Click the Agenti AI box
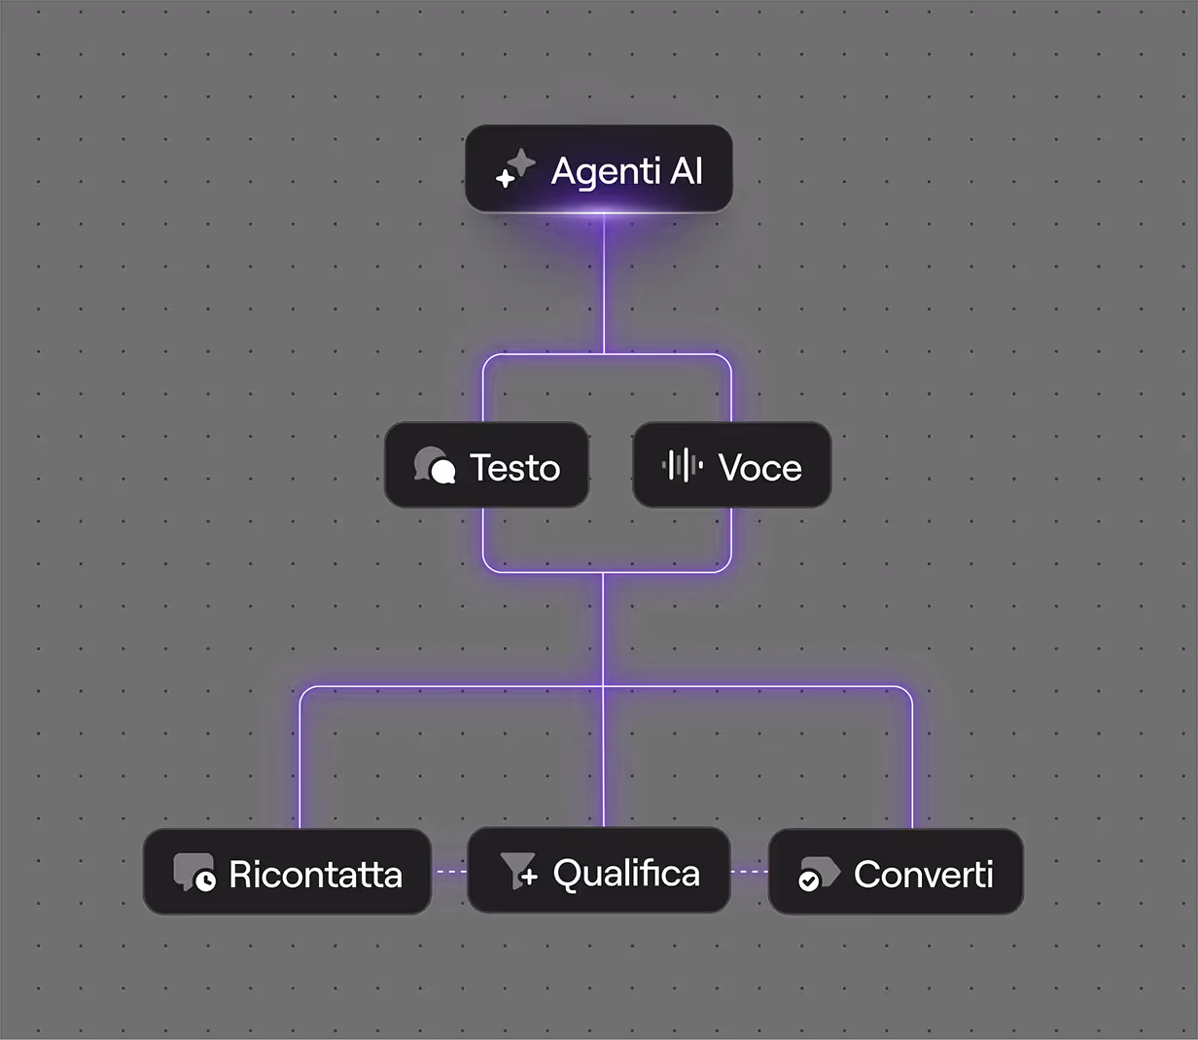point(598,169)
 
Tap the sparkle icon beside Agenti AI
point(515,168)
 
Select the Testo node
point(486,466)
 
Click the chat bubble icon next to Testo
point(434,466)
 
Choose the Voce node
point(731,466)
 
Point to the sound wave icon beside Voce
point(682,466)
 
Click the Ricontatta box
point(287,873)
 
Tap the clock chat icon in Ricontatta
point(194,873)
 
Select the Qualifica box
point(598,871)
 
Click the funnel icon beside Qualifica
point(518,871)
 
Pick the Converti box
point(895,873)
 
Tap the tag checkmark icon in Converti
point(818,874)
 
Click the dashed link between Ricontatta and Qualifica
point(449,872)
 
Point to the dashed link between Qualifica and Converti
point(749,872)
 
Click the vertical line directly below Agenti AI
point(604,282)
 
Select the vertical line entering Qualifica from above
point(603,759)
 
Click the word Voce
point(759,468)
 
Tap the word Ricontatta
point(315,875)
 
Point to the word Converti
point(923,875)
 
